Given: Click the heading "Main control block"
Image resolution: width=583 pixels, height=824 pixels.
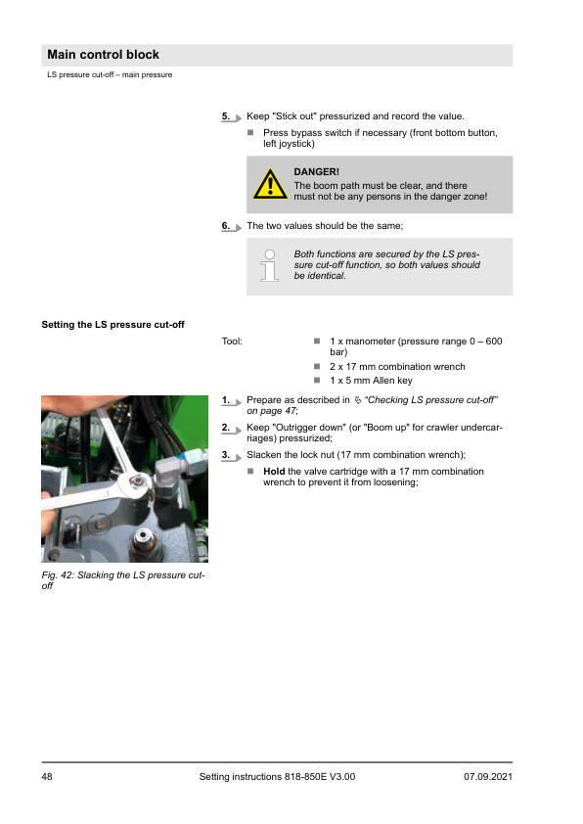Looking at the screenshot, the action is (x=103, y=55).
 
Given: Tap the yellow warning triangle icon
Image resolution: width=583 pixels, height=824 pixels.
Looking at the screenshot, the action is (x=270, y=184).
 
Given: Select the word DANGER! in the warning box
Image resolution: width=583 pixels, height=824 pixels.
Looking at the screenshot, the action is (x=316, y=172).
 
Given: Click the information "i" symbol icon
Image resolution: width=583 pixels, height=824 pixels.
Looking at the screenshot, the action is (x=269, y=265).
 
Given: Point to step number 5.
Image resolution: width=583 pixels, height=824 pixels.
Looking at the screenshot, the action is (x=226, y=116).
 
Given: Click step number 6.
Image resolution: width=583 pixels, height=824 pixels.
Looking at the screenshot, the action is (x=226, y=226).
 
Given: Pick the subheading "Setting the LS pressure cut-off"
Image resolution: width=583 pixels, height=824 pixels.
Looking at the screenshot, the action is (x=112, y=325).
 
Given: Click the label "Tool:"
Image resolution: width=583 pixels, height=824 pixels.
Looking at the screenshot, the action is (x=232, y=342).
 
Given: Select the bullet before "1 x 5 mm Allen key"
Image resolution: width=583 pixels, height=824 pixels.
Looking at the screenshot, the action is (x=317, y=380).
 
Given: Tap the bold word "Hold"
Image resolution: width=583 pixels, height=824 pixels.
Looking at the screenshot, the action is (x=274, y=472).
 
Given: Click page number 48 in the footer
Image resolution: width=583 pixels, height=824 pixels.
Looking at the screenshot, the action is (x=47, y=777).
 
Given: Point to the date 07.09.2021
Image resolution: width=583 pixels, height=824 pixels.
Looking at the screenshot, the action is (x=488, y=777).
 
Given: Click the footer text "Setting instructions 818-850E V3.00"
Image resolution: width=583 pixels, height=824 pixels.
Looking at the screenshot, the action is (x=278, y=777).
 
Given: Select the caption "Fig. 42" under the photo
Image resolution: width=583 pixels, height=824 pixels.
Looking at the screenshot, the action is (x=58, y=575).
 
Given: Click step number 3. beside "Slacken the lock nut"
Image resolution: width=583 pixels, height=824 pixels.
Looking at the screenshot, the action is (x=226, y=455).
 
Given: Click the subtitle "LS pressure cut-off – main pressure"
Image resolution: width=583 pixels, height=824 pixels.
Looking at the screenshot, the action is (x=110, y=74).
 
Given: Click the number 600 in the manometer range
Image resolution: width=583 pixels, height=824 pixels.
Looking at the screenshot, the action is (x=494, y=342).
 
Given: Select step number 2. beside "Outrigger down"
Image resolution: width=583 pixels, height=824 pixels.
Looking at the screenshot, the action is (x=226, y=428).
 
